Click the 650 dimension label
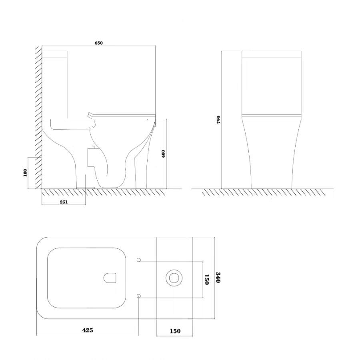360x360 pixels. pos(98,43)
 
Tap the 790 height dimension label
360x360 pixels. pos(218,120)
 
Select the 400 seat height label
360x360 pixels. pos(163,154)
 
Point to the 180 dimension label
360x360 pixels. pos(25,173)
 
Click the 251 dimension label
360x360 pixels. pos(64,202)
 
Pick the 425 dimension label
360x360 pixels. pos(88,330)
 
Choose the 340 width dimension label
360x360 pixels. pos(218,278)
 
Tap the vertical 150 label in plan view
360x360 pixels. pos(207,280)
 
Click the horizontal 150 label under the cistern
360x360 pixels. pos(175,331)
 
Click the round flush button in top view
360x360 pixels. pos(174,278)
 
